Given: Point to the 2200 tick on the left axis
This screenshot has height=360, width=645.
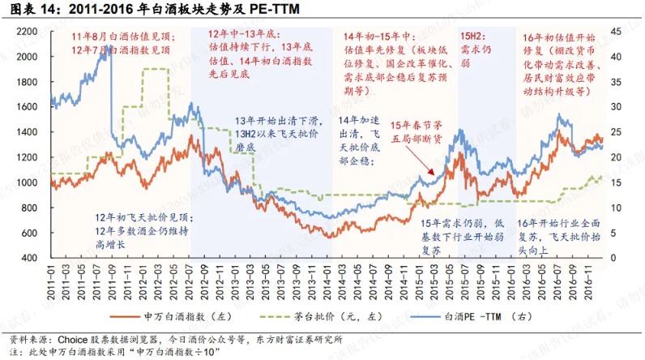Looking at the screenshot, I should click(x=28, y=32).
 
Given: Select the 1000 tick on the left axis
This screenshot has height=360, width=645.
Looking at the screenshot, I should click(x=28, y=182).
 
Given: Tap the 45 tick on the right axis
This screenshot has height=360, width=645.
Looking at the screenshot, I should click(x=615, y=32).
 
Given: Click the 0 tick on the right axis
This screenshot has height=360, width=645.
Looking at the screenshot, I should click(x=613, y=257).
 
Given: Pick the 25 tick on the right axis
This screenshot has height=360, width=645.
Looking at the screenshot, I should click(x=615, y=132).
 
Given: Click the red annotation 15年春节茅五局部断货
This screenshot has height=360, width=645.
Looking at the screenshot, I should click(x=417, y=131).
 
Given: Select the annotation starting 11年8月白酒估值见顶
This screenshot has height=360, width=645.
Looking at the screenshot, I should click(x=122, y=43).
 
